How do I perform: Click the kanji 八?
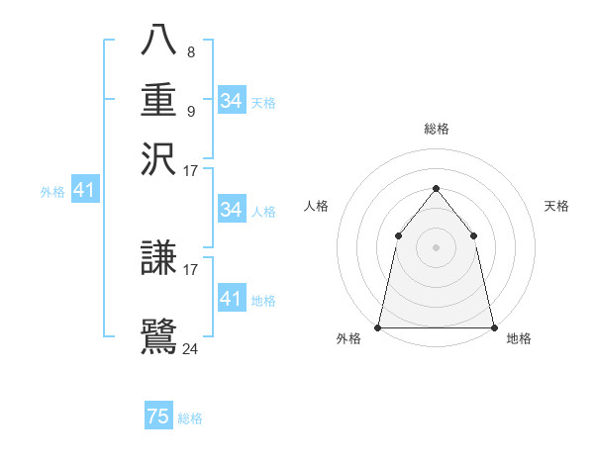159,41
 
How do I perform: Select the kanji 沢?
159,157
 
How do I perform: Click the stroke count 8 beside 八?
190,52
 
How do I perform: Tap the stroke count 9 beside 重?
190,111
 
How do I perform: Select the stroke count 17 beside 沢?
191,170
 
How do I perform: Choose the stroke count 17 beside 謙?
191,268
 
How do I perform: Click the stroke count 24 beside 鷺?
191,347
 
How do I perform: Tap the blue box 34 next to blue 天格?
232,101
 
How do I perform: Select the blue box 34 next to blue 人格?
232,210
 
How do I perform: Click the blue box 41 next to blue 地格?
232,299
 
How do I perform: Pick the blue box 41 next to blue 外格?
84,191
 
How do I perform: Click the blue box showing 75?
158,417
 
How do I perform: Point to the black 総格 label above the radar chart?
436,129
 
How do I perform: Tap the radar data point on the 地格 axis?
493,327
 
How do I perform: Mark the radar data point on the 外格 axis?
378,327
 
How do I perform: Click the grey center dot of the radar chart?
436,247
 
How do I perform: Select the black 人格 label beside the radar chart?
317,206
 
